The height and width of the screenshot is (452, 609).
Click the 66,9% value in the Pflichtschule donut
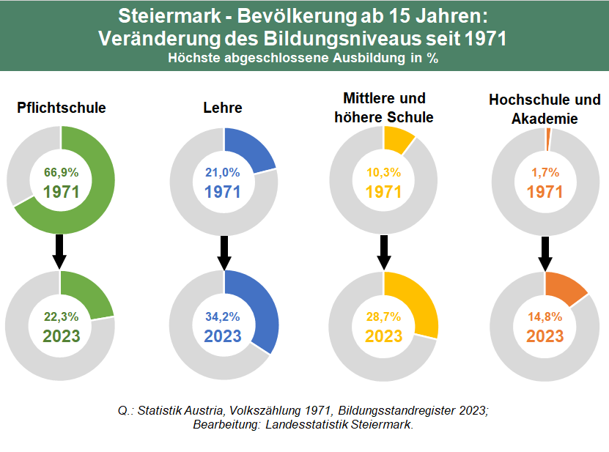(61, 173)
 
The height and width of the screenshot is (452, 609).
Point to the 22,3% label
(61, 316)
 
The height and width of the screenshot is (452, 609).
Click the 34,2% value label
(223, 316)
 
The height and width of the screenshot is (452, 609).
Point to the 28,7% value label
(384, 316)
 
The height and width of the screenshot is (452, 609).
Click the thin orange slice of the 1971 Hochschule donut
(548, 135)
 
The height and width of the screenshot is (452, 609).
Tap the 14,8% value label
(545, 316)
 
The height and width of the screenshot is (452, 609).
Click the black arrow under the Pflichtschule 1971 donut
(60, 251)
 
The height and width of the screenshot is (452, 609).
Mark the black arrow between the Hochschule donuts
(545, 251)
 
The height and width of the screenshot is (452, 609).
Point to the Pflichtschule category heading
(62, 108)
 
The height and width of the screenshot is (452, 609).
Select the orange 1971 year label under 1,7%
(545, 192)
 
